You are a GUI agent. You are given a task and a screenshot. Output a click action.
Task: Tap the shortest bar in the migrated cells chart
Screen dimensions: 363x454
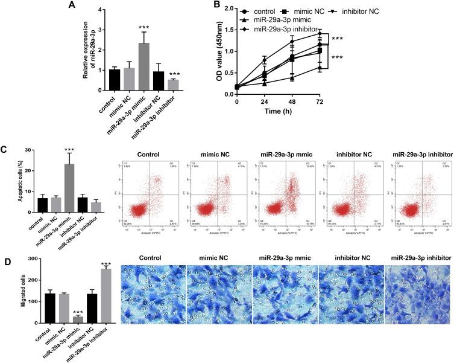tap(76, 320)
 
